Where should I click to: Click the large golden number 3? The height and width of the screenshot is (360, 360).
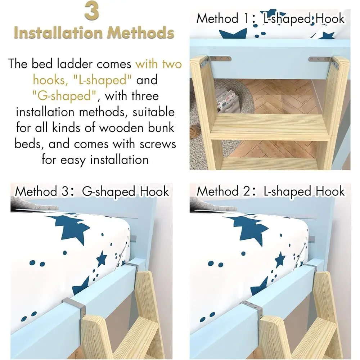tap(92, 10)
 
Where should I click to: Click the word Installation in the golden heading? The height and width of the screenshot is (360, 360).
tap(58, 33)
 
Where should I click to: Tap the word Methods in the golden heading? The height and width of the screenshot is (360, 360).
tap(140, 33)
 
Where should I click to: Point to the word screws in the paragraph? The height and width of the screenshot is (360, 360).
tap(158, 144)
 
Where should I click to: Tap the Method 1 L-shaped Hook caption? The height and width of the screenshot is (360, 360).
tap(270, 19)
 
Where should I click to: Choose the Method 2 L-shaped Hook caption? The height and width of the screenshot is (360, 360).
tap(271, 192)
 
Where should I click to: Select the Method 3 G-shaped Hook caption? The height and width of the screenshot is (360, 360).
tap(92, 192)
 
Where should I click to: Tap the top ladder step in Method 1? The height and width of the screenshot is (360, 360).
tap(271, 126)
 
